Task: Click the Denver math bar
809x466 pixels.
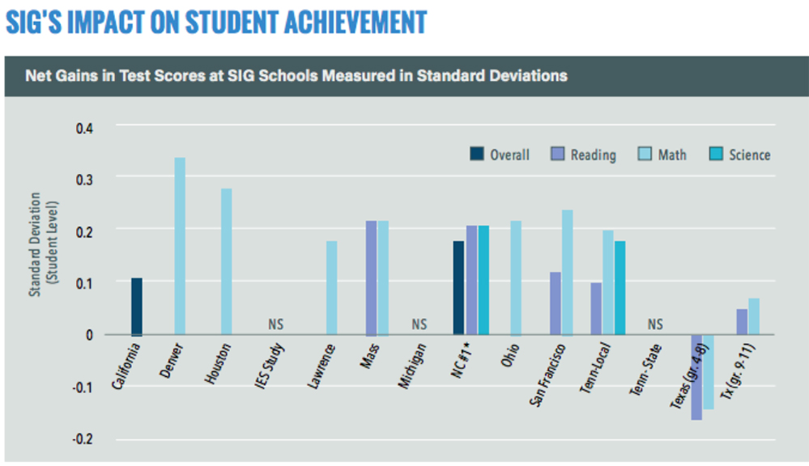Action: tap(180, 246)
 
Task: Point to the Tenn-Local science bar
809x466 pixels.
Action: tap(620, 287)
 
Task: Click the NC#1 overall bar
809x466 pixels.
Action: tap(458, 287)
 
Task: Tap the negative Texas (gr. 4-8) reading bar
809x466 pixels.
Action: tap(696, 377)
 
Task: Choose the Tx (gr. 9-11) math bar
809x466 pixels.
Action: tap(754, 316)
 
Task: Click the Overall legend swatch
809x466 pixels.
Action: tap(477, 154)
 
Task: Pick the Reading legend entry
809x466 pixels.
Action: tap(583, 155)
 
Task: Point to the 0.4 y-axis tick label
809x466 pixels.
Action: tap(85, 128)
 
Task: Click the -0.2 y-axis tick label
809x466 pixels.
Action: tap(83, 439)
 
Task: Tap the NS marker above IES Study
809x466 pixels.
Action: tap(276, 324)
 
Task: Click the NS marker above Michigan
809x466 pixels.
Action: tap(419, 324)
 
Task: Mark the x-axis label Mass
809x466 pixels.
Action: tap(368, 356)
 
